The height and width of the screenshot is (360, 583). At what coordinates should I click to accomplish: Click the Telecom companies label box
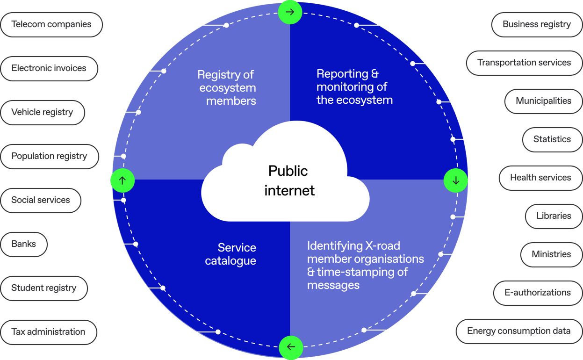51,24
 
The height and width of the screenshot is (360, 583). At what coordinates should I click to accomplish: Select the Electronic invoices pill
49,68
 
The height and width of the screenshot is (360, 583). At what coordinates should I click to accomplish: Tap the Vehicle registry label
42,112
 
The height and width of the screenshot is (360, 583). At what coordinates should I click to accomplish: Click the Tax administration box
49,332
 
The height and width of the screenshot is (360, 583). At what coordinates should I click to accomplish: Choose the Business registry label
536,24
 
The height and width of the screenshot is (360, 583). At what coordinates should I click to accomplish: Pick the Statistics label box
552,139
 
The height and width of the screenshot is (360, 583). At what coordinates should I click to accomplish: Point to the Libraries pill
554,216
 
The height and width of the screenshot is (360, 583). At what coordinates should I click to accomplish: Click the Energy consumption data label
518,331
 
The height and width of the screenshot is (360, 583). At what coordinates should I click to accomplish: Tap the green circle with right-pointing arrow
290,12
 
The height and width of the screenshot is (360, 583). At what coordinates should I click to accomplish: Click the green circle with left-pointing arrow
291,347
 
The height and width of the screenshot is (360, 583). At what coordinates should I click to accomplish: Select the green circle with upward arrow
122,180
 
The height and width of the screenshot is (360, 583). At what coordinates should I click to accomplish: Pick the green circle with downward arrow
456,180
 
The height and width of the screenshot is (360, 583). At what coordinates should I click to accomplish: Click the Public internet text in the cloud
288,180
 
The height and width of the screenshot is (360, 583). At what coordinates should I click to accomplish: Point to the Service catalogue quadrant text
231,254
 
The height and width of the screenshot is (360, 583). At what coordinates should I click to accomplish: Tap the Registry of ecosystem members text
227,87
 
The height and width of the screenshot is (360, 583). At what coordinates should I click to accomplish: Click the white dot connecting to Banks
136,244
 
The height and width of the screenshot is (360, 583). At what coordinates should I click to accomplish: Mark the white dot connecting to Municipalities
439,101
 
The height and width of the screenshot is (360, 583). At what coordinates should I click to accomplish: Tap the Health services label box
540,178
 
